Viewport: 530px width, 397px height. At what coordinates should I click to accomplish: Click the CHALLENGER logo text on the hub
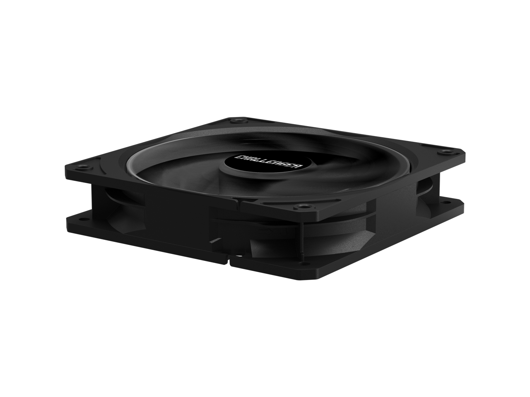pyautogui.click(x=268, y=163)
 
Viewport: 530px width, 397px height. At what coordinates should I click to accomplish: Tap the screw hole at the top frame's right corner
pyautogui.click(x=444, y=152)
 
